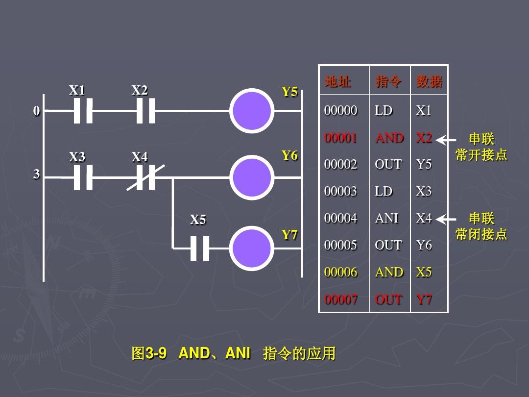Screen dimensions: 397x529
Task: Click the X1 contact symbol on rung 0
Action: tap(83, 111)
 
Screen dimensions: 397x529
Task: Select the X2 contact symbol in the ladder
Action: tap(145, 111)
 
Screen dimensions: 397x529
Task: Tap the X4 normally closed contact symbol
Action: tap(145, 177)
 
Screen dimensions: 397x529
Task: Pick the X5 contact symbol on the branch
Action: tap(199, 248)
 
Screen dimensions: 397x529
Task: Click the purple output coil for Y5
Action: tap(252, 111)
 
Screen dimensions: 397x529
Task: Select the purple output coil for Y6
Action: tap(252, 177)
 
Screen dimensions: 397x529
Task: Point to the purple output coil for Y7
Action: tap(252, 248)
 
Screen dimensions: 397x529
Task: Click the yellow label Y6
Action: tap(289, 156)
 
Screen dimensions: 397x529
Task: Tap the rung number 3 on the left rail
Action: tap(36, 174)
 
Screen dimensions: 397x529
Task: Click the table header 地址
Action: tap(338, 81)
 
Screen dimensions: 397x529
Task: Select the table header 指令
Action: tap(388, 81)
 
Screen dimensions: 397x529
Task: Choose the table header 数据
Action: tap(429, 81)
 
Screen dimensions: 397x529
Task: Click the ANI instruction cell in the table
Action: tap(387, 218)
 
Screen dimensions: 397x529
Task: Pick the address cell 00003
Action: tap(341, 191)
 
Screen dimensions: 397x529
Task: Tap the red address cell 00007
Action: tap(341, 299)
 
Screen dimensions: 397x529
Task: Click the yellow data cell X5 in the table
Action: tap(424, 272)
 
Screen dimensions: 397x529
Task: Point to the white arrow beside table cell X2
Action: tap(446, 140)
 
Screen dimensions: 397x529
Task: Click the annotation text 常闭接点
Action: tap(481, 234)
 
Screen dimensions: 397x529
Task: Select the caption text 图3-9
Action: tap(149, 353)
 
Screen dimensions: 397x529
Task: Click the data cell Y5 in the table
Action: tap(424, 164)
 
